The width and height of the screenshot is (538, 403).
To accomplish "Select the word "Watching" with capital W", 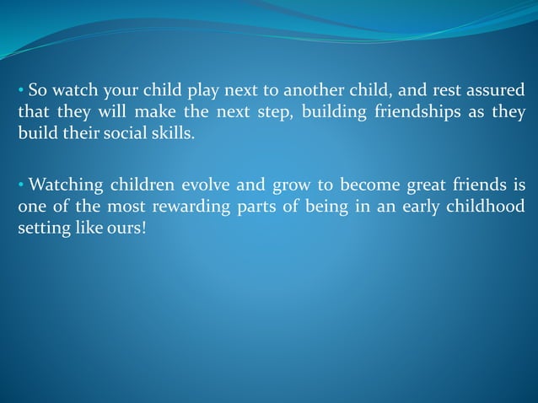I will (x=63, y=185).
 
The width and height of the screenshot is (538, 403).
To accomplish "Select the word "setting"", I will (x=41, y=228).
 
